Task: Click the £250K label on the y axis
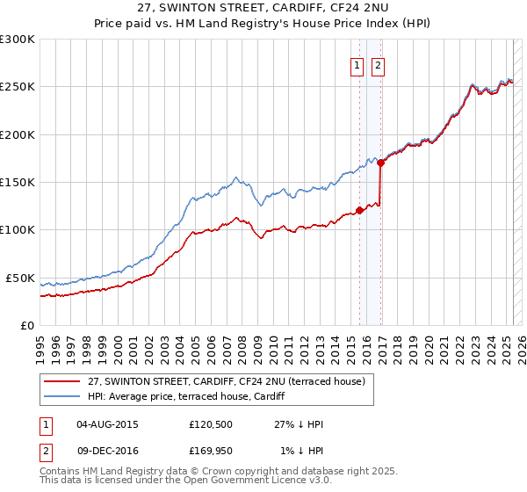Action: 17,87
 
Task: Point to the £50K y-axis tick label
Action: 20,278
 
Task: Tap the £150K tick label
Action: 17,182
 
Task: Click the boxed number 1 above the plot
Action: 358,64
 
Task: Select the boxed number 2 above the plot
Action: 379,64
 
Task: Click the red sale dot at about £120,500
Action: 359,210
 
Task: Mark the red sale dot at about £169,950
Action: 380,163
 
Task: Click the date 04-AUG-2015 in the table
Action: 108,424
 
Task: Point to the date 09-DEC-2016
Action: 108,451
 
